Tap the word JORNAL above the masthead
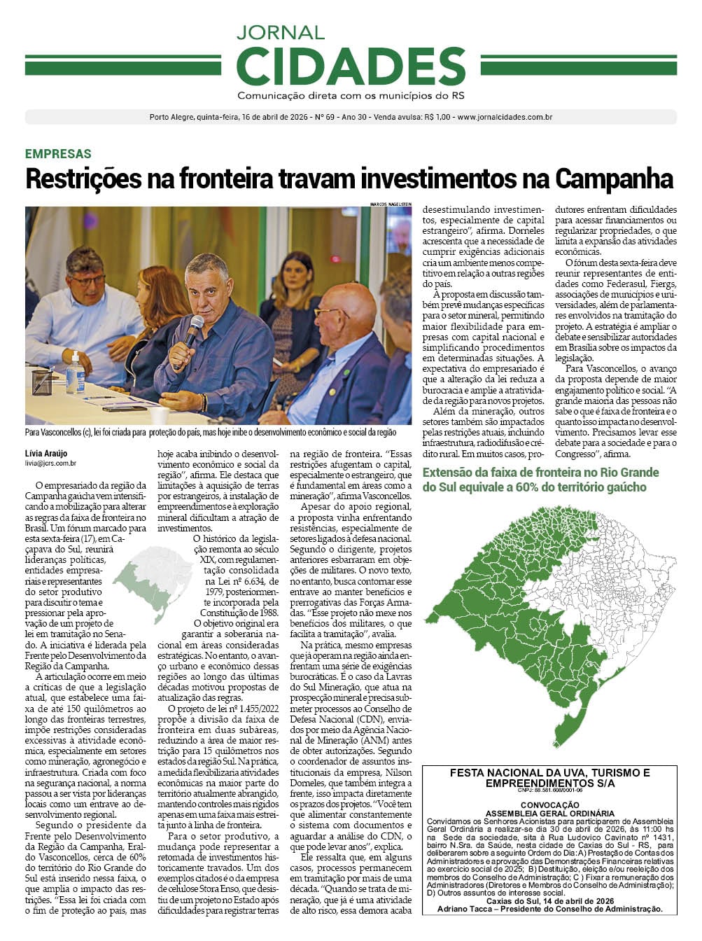point(280,32)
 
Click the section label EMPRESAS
point(58,154)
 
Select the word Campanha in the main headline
point(614,179)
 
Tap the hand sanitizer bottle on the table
point(76,373)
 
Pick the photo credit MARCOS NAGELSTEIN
point(391,204)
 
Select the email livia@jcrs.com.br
point(50,463)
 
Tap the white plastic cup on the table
point(160,415)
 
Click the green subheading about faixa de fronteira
point(540,480)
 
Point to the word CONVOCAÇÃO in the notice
point(549,805)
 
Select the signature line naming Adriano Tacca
point(549,908)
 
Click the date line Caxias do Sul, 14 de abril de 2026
point(549,900)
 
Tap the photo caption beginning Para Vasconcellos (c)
point(210,433)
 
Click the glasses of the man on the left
point(87,280)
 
